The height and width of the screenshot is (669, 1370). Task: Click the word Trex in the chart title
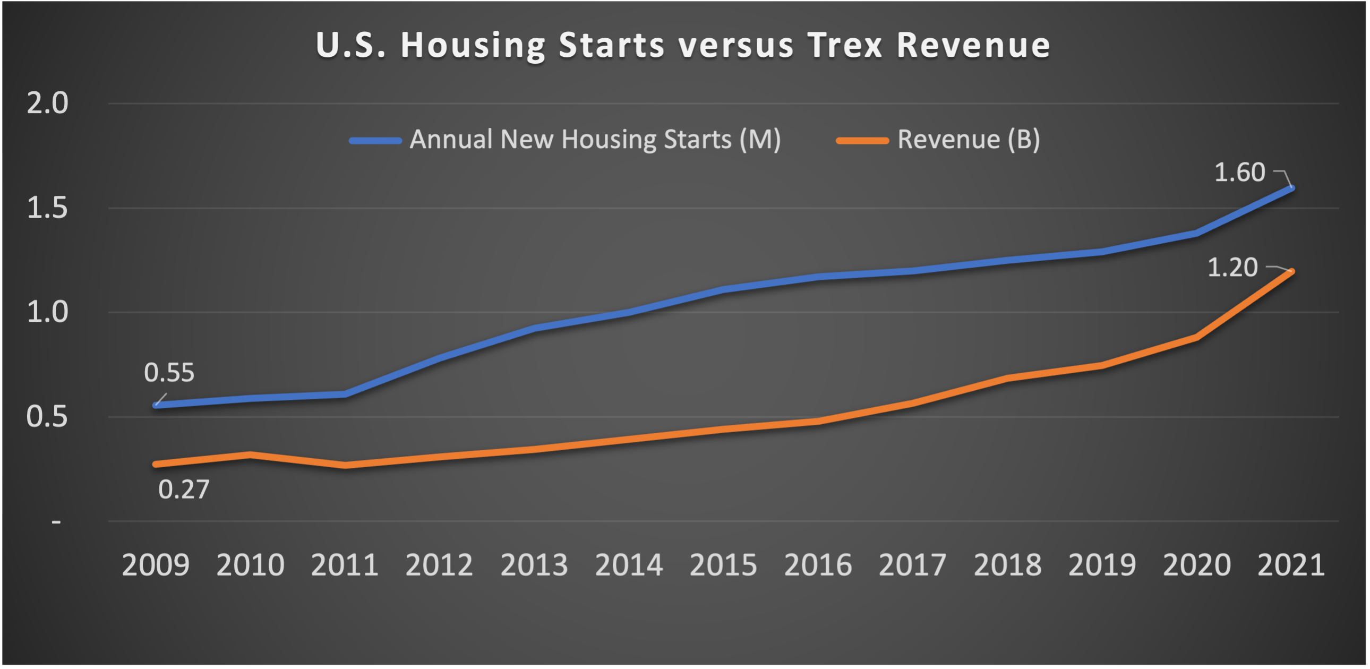[845, 45]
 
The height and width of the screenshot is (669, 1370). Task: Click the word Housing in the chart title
[473, 45]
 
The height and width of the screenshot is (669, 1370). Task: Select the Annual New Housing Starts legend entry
[566, 140]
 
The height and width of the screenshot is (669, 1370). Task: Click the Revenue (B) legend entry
[939, 140]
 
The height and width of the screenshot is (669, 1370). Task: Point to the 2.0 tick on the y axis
[47, 103]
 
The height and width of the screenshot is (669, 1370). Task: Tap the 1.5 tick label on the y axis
[47, 208]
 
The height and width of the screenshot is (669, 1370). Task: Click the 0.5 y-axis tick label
[47, 417]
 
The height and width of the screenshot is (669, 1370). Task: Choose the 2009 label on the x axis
[155, 565]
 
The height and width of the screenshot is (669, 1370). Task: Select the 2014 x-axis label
[629, 565]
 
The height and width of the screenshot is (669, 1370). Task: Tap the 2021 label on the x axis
[1291, 565]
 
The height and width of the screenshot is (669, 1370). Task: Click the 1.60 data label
[1239, 173]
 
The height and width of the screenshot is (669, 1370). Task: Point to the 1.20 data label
[1232, 268]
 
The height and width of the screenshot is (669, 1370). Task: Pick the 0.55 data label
[169, 373]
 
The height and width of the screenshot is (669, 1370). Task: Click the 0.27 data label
[184, 490]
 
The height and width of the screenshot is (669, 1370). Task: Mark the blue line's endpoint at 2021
[1292, 188]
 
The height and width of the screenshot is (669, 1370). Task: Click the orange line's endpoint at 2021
[1292, 272]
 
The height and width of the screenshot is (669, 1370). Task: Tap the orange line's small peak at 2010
[250, 454]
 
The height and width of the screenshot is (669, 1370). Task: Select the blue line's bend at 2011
[346, 394]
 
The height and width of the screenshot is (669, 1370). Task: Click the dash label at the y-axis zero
[56, 522]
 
